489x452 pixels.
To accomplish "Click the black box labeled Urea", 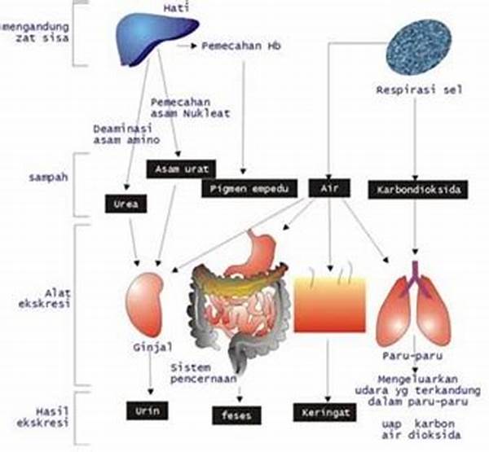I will tap(126, 204).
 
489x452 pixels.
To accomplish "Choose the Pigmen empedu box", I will tap(242, 189).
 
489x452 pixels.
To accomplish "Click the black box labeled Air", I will tap(329, 188).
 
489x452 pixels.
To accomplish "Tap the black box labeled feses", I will tap(239, 416).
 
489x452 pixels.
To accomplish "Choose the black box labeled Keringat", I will tap(324, 413).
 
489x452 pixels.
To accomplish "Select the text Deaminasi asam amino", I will tap(121, 134).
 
